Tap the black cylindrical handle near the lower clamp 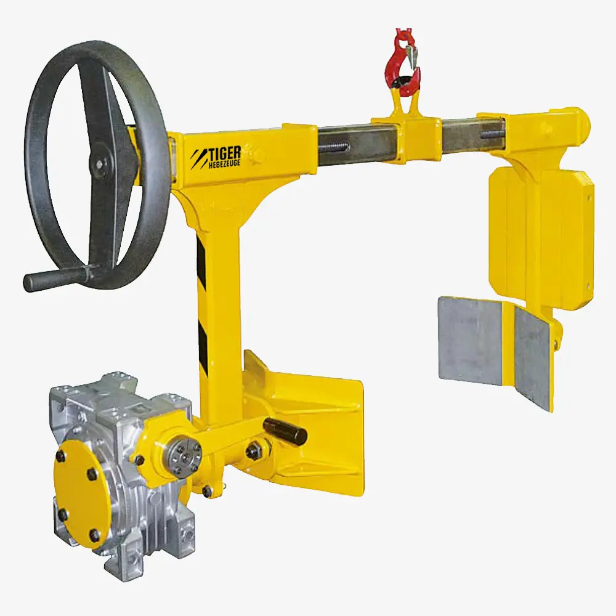(x=285, y=431)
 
